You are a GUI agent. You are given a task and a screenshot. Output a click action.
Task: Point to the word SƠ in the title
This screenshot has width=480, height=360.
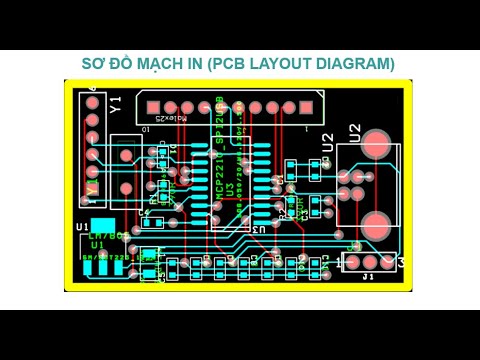coord(93,64)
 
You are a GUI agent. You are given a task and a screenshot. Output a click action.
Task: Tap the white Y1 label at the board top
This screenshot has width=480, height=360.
coord(116,103)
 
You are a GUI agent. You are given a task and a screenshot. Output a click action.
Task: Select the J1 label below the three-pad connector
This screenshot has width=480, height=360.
coord(368,276)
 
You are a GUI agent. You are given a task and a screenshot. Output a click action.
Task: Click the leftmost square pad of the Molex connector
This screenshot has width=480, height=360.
coord(153,107)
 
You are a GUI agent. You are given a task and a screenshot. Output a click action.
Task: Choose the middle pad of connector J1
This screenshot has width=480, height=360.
coord(368,262)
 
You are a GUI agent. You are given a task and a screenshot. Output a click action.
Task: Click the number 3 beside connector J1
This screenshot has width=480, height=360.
coord(401,262)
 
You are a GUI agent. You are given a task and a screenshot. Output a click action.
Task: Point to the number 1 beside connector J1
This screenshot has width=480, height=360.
coord(336,263)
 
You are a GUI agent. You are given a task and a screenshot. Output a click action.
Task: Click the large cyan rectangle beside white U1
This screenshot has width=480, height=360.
coord(103,226)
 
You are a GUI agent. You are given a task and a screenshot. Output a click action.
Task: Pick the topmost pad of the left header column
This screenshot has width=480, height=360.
coord(92,102)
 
